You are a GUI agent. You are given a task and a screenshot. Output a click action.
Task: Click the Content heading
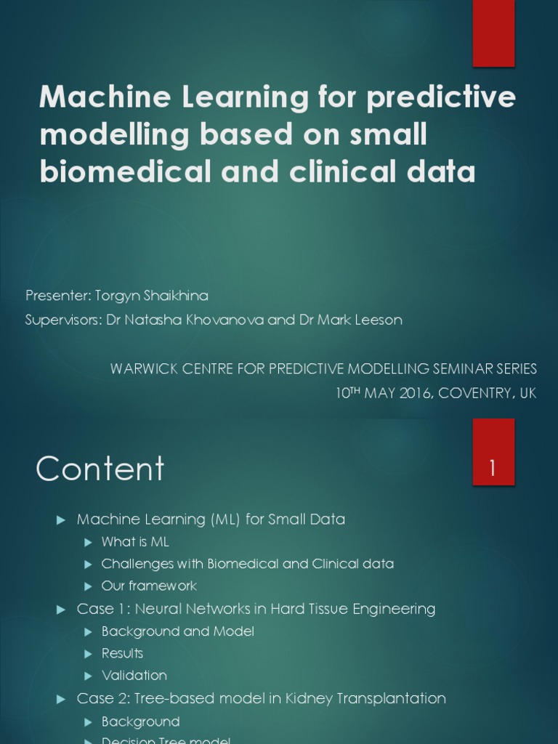[100, 469]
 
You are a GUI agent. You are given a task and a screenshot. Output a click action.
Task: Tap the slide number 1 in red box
[493, 469]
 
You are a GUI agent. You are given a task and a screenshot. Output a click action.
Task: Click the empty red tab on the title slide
[493, 33]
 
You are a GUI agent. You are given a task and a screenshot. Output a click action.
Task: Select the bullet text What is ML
[135, 542]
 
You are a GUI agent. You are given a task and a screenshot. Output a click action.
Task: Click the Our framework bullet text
[149, 586]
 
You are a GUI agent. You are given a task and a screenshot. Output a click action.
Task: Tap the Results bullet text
[122, 654]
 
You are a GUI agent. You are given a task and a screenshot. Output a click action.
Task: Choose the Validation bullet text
[134, 676]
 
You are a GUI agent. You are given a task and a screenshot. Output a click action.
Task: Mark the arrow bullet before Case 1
[62, 610]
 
